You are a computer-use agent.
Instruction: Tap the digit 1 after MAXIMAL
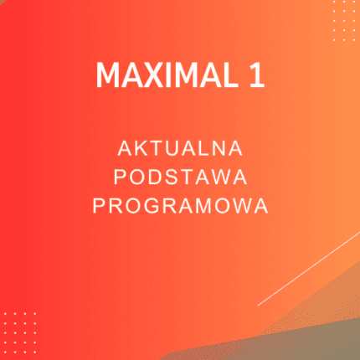pyautogui.click(x=255, y=75)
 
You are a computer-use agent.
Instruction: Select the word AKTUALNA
pyautogui.click(x=180, y=150)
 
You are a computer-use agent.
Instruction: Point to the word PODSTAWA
pyautogui.click(x=180, y=177)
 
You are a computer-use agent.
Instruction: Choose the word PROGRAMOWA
pyautogui.click(x=180, y=206)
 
